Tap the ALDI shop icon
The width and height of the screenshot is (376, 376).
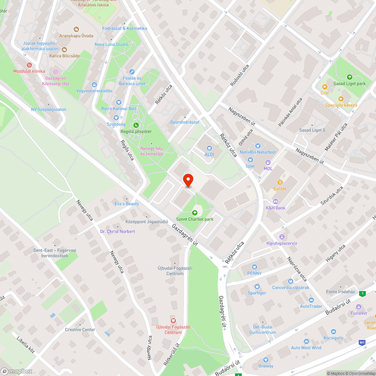click(209, 149)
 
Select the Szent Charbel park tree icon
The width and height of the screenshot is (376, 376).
click(195, 213)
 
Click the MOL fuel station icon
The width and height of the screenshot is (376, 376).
click(268, 162)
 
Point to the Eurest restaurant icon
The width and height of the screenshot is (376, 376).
click(280, 182)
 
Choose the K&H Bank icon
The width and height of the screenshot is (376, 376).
click(276, 202)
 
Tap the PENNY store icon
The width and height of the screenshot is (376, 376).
click(255, 267)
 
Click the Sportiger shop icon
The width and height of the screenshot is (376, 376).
click(257, 287)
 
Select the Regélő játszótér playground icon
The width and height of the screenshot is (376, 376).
click(136, 125)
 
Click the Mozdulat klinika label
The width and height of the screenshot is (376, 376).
click(29, 71)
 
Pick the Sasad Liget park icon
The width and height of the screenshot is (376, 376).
click(349, 77)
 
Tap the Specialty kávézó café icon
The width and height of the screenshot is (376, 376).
click(341, 99)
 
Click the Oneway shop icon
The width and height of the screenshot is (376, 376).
click(266, 360)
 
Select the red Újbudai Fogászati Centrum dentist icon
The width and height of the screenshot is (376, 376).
click(173, 320)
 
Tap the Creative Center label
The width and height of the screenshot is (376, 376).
click(80, 330)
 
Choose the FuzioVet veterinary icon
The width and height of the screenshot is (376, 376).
click(359, 307)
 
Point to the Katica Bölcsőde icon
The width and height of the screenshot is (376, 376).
click(64, 49)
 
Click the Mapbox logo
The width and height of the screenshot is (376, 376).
click(17, 371)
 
